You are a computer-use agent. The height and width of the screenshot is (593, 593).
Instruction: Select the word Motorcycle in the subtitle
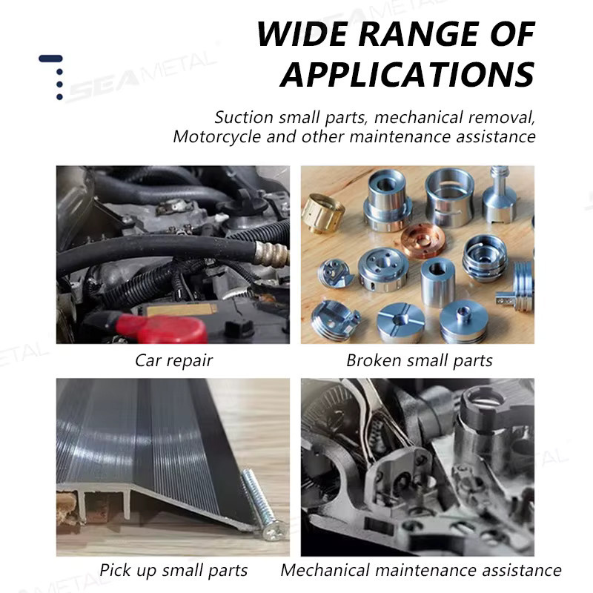216,137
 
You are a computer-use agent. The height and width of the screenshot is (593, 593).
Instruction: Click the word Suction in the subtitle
244,117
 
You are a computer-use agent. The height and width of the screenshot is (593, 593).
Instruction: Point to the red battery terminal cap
162,328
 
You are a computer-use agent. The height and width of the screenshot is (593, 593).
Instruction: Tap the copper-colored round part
423,240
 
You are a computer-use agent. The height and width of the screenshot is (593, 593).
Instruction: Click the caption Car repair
174,361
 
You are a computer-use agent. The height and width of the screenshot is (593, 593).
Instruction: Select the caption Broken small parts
420,360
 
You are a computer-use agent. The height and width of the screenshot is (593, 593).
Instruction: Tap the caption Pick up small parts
173,571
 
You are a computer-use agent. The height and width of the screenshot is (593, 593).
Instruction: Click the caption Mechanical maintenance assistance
421,570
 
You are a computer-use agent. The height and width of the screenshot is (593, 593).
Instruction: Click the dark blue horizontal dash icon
50,59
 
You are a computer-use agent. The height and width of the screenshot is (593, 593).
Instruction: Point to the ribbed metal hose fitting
271,252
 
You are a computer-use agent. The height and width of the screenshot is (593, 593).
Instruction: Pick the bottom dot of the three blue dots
59,97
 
